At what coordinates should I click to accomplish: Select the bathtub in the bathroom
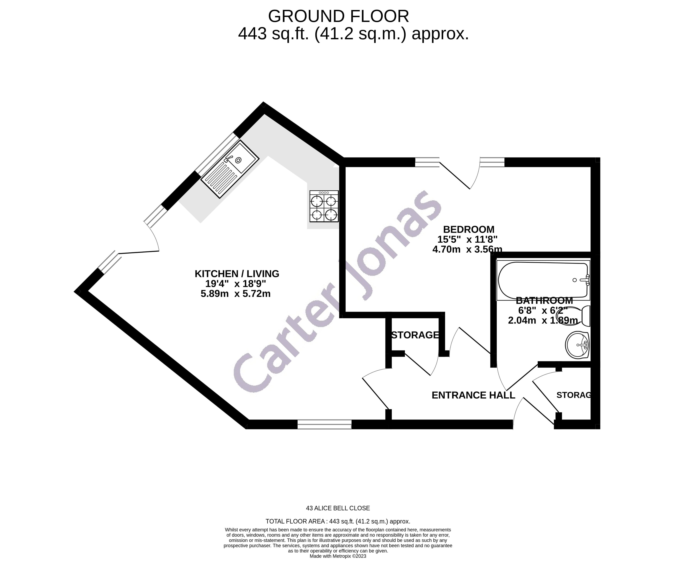(x=543, y=280)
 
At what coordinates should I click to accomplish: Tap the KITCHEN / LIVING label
(x=237, y=274)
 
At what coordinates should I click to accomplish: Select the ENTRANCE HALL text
(x=473, y=395)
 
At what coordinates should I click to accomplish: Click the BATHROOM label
(x=544, y=300)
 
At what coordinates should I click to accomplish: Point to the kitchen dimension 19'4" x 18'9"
(x=235, y=284)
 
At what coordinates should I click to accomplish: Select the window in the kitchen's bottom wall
(x=324, y=425)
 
